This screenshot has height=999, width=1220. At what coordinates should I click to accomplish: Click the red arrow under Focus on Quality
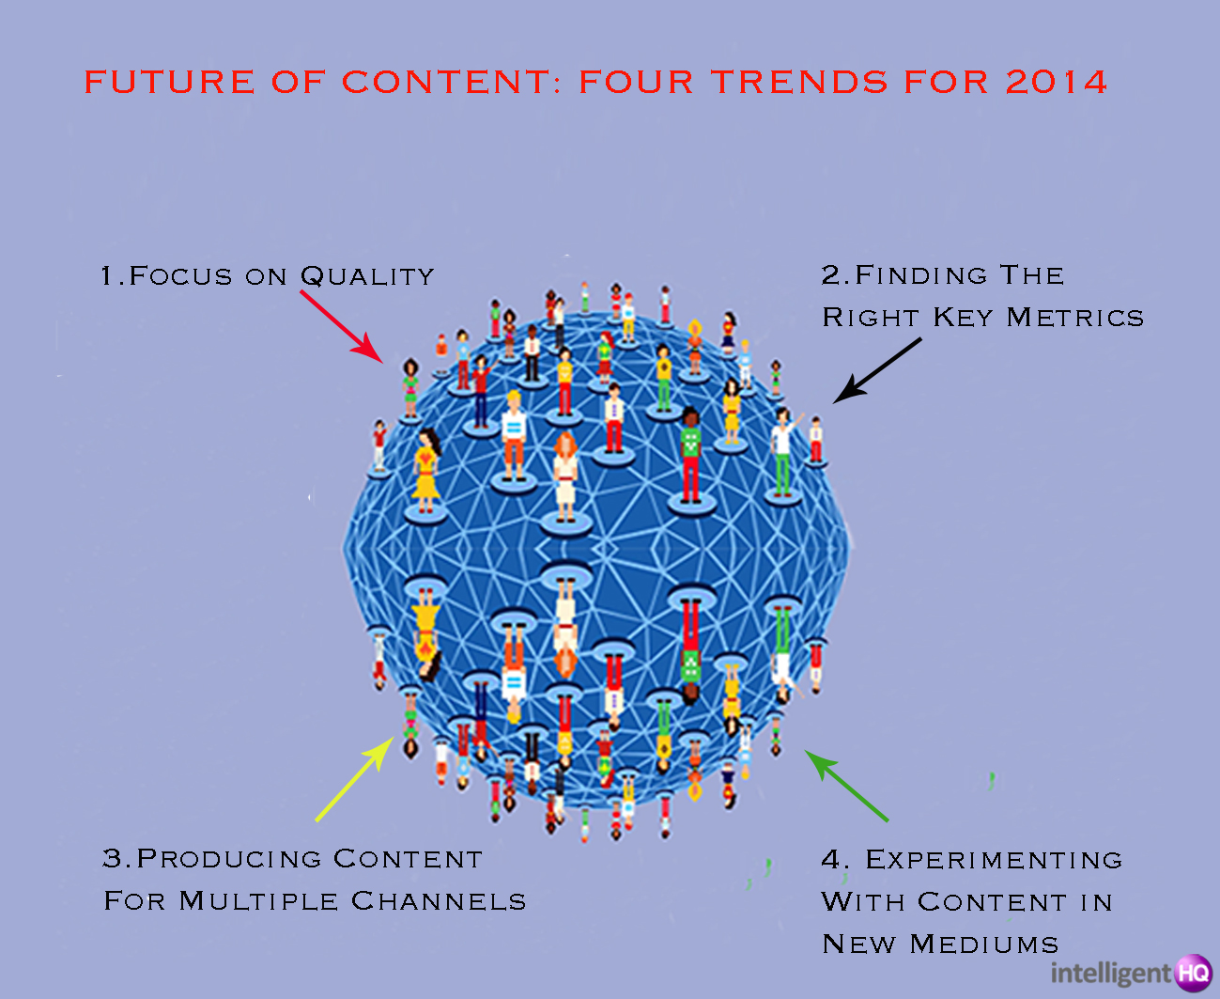click(341, 326)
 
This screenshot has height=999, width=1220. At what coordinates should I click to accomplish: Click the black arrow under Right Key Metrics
click(877, 370)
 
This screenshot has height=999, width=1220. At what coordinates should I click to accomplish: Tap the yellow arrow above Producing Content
click(355, 778)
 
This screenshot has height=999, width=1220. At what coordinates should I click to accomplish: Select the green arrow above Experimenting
click(845, 785)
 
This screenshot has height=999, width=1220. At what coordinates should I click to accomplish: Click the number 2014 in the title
click(1057, 82)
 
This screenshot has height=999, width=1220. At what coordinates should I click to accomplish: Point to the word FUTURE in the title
click(169, 82)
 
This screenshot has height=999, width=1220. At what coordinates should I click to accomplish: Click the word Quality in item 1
click(367, 276)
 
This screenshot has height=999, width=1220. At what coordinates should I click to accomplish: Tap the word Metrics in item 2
click(1074, 317)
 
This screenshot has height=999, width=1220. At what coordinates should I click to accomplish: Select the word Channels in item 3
click(439, 900)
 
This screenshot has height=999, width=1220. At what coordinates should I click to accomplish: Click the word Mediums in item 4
click(983, 944)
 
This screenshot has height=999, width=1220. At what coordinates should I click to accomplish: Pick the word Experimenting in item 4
click(994, 860)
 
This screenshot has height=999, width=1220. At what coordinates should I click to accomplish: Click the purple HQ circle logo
click(1194, 973)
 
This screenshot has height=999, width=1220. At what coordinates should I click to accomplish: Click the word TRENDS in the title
click(799, 82)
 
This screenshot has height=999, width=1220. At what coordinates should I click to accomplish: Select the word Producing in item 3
click(229, 858)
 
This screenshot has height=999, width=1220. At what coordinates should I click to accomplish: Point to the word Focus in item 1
click(180, 276)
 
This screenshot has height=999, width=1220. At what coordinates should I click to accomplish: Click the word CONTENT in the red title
click(446, 82)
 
